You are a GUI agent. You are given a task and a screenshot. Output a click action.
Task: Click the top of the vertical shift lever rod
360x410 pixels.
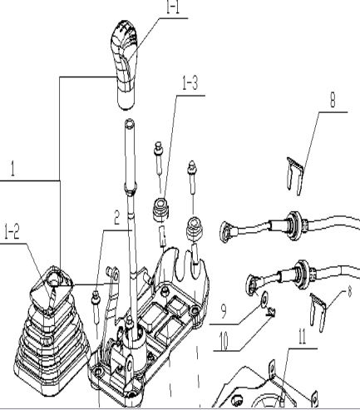coord(130,126)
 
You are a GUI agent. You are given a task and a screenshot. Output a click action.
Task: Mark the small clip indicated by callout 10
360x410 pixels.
coord(272,313)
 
